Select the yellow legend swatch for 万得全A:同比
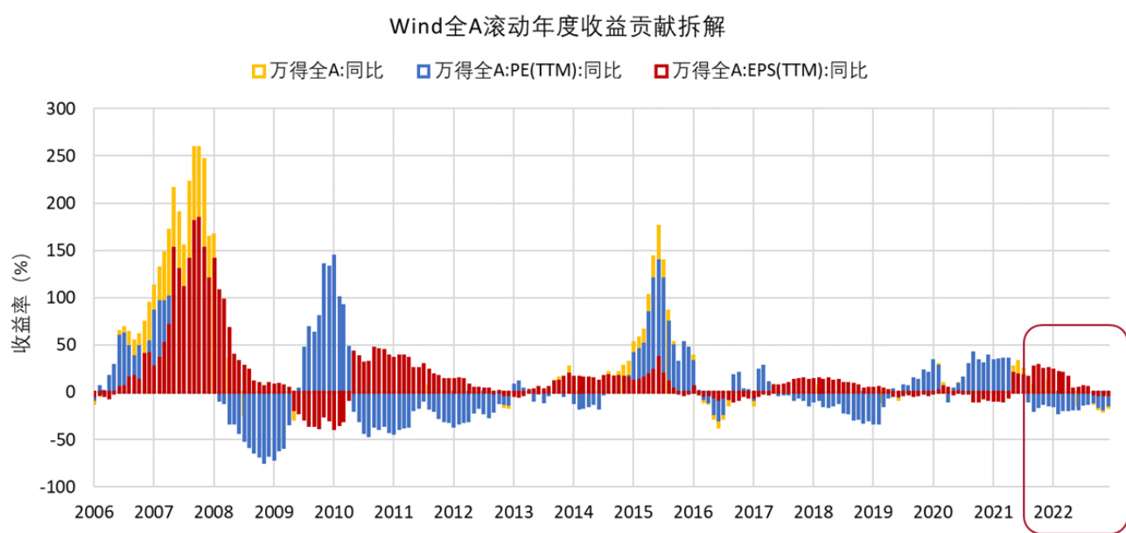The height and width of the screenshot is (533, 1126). point(258,71)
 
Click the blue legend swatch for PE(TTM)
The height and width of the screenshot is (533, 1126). point(423,71)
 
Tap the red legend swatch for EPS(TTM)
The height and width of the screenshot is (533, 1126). point(662,71)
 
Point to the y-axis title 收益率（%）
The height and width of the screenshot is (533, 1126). point(21,298)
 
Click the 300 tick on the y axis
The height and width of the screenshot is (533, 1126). point(63,109)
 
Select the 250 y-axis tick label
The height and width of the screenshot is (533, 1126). point(63,156)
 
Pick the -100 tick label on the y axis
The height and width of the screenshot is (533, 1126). point(59,487)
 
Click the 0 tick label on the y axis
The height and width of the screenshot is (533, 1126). point(73,392)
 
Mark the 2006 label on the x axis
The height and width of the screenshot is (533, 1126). point(94,510)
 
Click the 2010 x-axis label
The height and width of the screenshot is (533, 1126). point(333,510)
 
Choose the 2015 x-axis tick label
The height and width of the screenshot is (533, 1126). point(633,510)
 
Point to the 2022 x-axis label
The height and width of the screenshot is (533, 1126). point(1053,510)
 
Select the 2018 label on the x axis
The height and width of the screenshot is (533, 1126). point(813,510)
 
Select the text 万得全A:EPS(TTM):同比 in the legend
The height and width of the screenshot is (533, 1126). point(769,71)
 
